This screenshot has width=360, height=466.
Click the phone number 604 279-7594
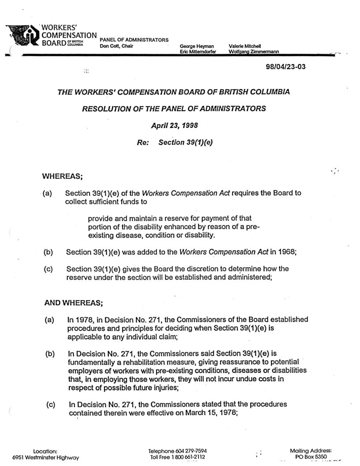pyautogui.click(x=190, y=451)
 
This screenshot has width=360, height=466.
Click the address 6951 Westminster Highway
pyautogui.click(x=45, y=457)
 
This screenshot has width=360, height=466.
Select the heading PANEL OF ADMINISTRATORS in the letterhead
pyautogui.click(x=135, y=40)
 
